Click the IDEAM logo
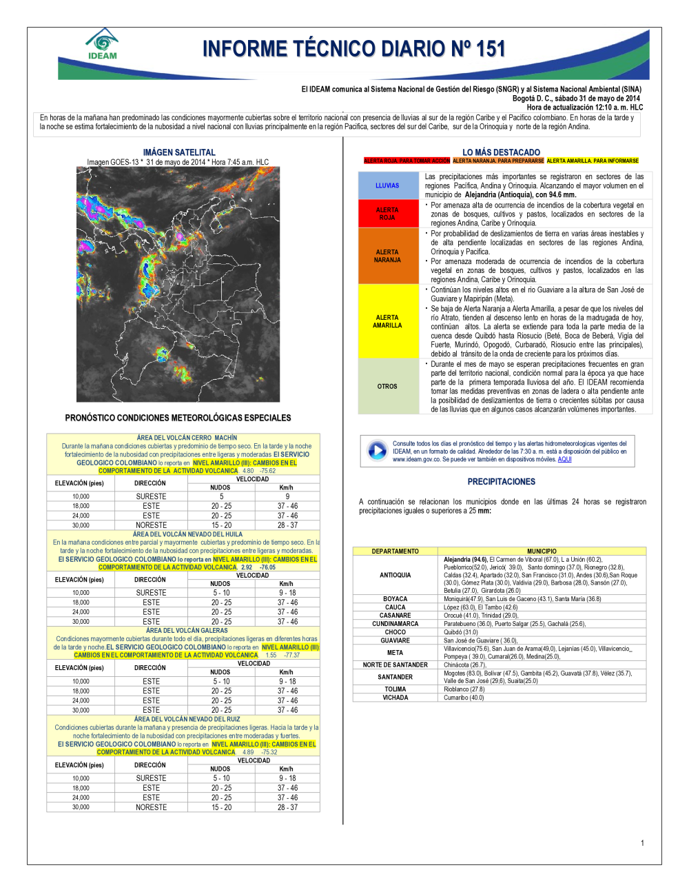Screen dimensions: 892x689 pos(103,45)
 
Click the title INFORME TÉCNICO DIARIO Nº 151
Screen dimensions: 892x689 pos(354,49)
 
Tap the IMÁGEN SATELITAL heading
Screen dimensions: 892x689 pos(179,152)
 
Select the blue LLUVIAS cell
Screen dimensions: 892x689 pos(387,185)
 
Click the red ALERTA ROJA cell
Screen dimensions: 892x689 pos(387,214)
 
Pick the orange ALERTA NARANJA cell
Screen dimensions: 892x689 pos(387,256)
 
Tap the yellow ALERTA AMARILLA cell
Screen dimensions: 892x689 pos(387,321)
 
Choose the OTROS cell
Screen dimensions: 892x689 pos(387,386)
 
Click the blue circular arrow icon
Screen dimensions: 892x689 pos(377,451)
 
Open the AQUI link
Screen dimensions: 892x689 pos(564,459)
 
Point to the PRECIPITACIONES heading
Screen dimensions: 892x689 pos(501,482)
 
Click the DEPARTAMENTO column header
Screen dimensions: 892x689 pos(395,551)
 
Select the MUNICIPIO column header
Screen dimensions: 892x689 pos(542,551)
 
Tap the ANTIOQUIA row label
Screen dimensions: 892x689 pos(395,575)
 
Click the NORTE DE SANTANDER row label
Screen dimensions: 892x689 pos(395,665)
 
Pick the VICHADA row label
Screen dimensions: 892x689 pos(395,698)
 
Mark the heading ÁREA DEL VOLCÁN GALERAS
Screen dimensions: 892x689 pos(187,630)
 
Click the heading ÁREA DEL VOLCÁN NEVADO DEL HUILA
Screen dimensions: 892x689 pos(187,534)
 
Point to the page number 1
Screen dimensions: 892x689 pos(642,843)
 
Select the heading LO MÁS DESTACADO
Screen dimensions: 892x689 pos(501,152)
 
